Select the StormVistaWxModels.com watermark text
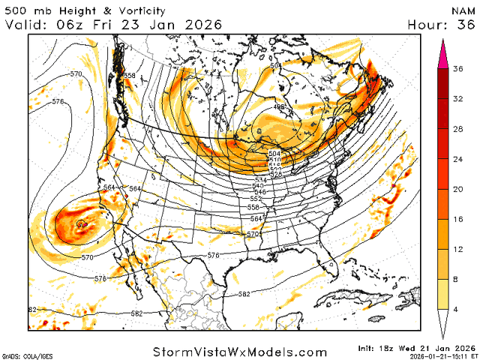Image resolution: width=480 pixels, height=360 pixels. pyautogui.click(x=240, y=352)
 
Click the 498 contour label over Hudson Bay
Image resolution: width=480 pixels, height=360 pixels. pyautogui.click(x=278, y=107)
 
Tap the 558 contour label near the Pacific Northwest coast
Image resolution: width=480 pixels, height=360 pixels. pyautogui.click(x=130, y=76)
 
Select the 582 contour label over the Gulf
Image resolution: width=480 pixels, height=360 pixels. pyautogui.click(x=244, y=294)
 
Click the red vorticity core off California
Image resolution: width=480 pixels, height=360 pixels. pyautogui.click(x=81, y=223)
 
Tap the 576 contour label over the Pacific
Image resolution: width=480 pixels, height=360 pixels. pyautogui.click(x=58, y=101)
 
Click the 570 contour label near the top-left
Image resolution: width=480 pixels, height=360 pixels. pyautogui.click(x=76, y=74)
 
